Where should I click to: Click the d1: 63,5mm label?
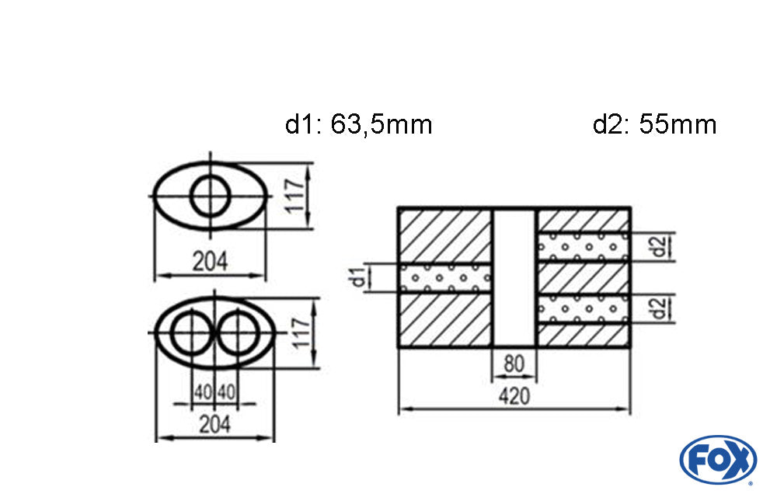(x=358, y=124)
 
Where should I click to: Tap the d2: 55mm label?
(x=654, y=124)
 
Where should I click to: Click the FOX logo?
(x=718, y=460)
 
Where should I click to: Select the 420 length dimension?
(x=514, y=396)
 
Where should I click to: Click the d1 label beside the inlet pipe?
(x=358, y=277)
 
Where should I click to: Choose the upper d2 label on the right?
(x=659, y=247)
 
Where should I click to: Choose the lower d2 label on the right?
(x=659, y=308)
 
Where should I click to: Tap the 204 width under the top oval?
(x=210, y=262)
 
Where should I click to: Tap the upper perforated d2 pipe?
(x=583, y=247)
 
